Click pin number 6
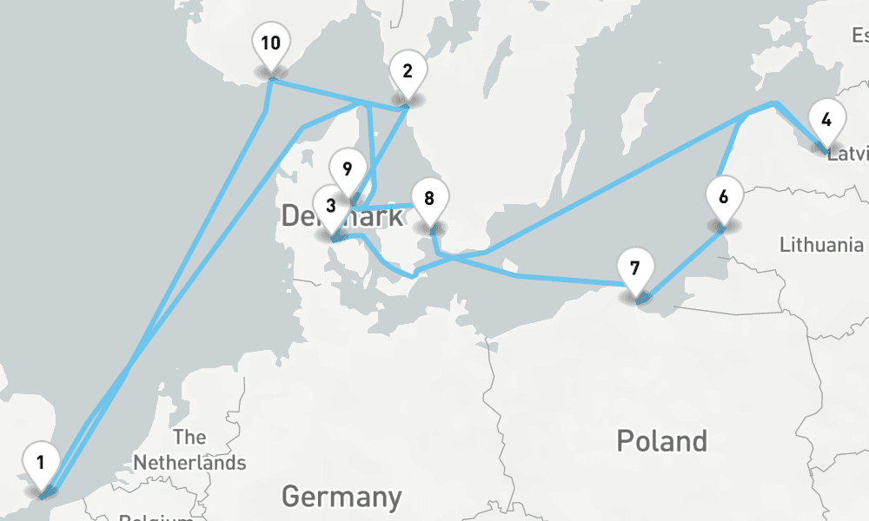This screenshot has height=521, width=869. pyautogui.click(x=723, y=196)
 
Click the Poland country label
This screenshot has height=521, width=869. pyautogui.click(x=661, y=440)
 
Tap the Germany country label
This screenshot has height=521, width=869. pyautogui.click(x=342, y=497)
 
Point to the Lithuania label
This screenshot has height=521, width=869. pyautogui.click(x=821, y=245)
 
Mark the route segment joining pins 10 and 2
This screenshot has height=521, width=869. pyautogui.click(x=339, y=95)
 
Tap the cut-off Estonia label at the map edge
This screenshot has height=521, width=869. pyautogui.click(x=860, y=36)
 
